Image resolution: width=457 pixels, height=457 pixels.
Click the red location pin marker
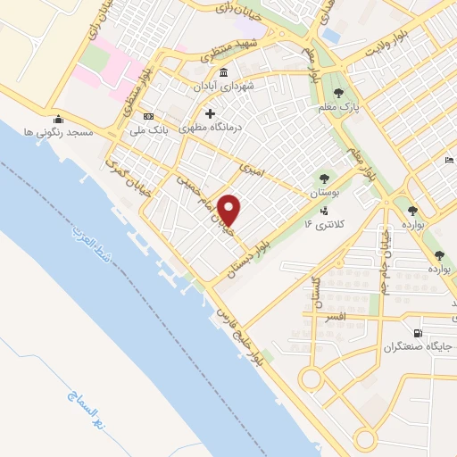click(229, 210)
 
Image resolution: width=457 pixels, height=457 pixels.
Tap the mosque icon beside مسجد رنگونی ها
click(59, 120)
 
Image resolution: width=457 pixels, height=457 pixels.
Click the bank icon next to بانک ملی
click(148, 117)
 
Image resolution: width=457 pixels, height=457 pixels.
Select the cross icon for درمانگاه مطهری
click(211, 113)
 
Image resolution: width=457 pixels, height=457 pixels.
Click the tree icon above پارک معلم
click(337, 93)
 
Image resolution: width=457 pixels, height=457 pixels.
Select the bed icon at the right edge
click(448, 161)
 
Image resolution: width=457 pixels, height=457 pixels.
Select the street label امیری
click(253, 167)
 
